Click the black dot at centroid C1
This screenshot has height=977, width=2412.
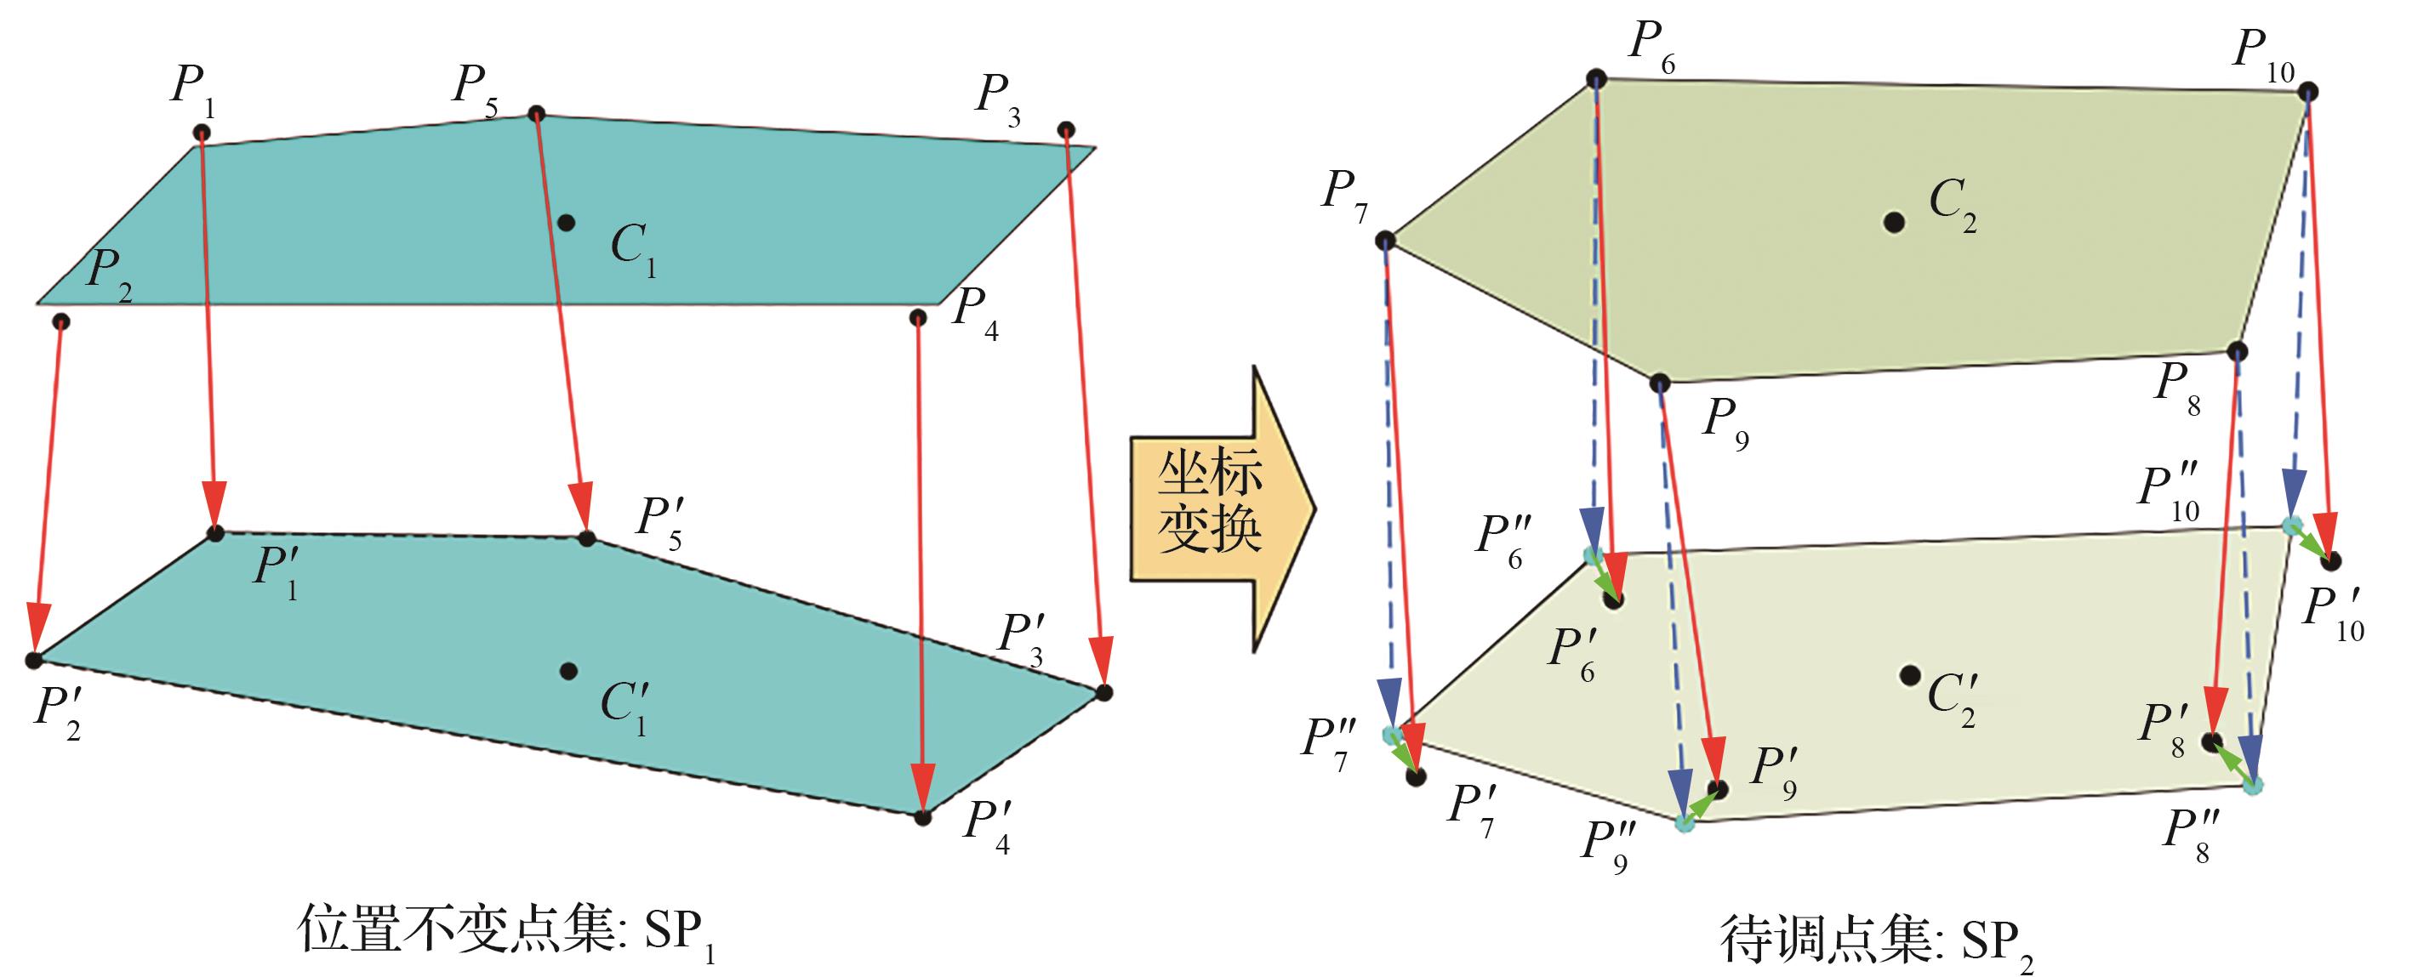coord(566,223)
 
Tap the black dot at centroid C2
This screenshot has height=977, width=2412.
coord(1894,222)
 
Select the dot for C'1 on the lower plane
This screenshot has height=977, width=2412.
coord(567,670)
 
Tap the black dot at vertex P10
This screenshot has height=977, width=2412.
coord(2308,92)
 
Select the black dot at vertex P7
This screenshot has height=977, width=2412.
coord(1386,241)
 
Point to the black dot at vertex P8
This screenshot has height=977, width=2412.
coord(2237,352)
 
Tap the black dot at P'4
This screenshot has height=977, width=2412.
coord(923,817)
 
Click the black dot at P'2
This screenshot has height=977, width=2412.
coord(35,660)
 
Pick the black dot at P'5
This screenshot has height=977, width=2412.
coord(587,538)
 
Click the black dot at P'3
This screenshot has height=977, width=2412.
coord(1104,692)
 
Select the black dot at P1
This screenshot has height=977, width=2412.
coord(202,133)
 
